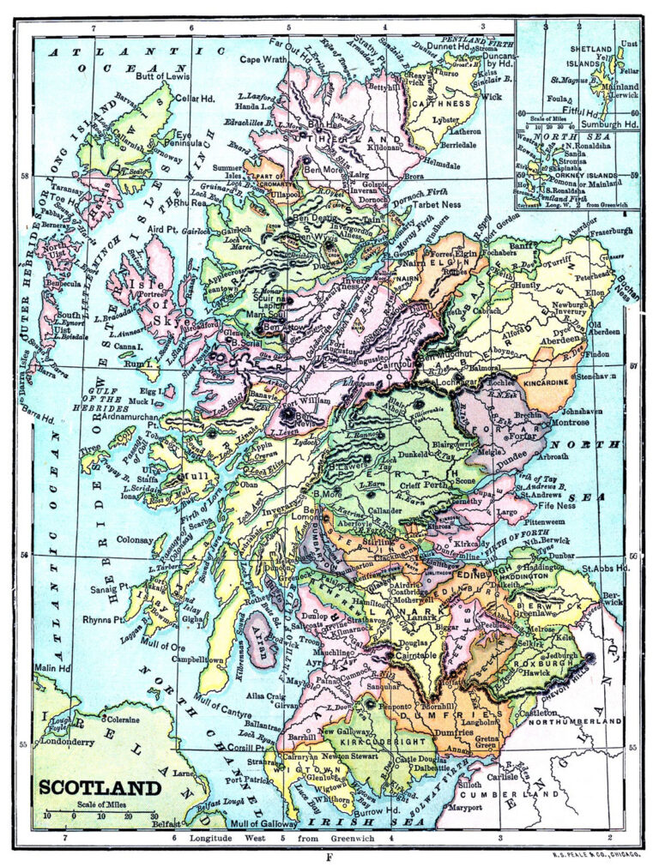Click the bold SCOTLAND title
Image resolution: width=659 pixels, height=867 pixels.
[99, 788]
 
